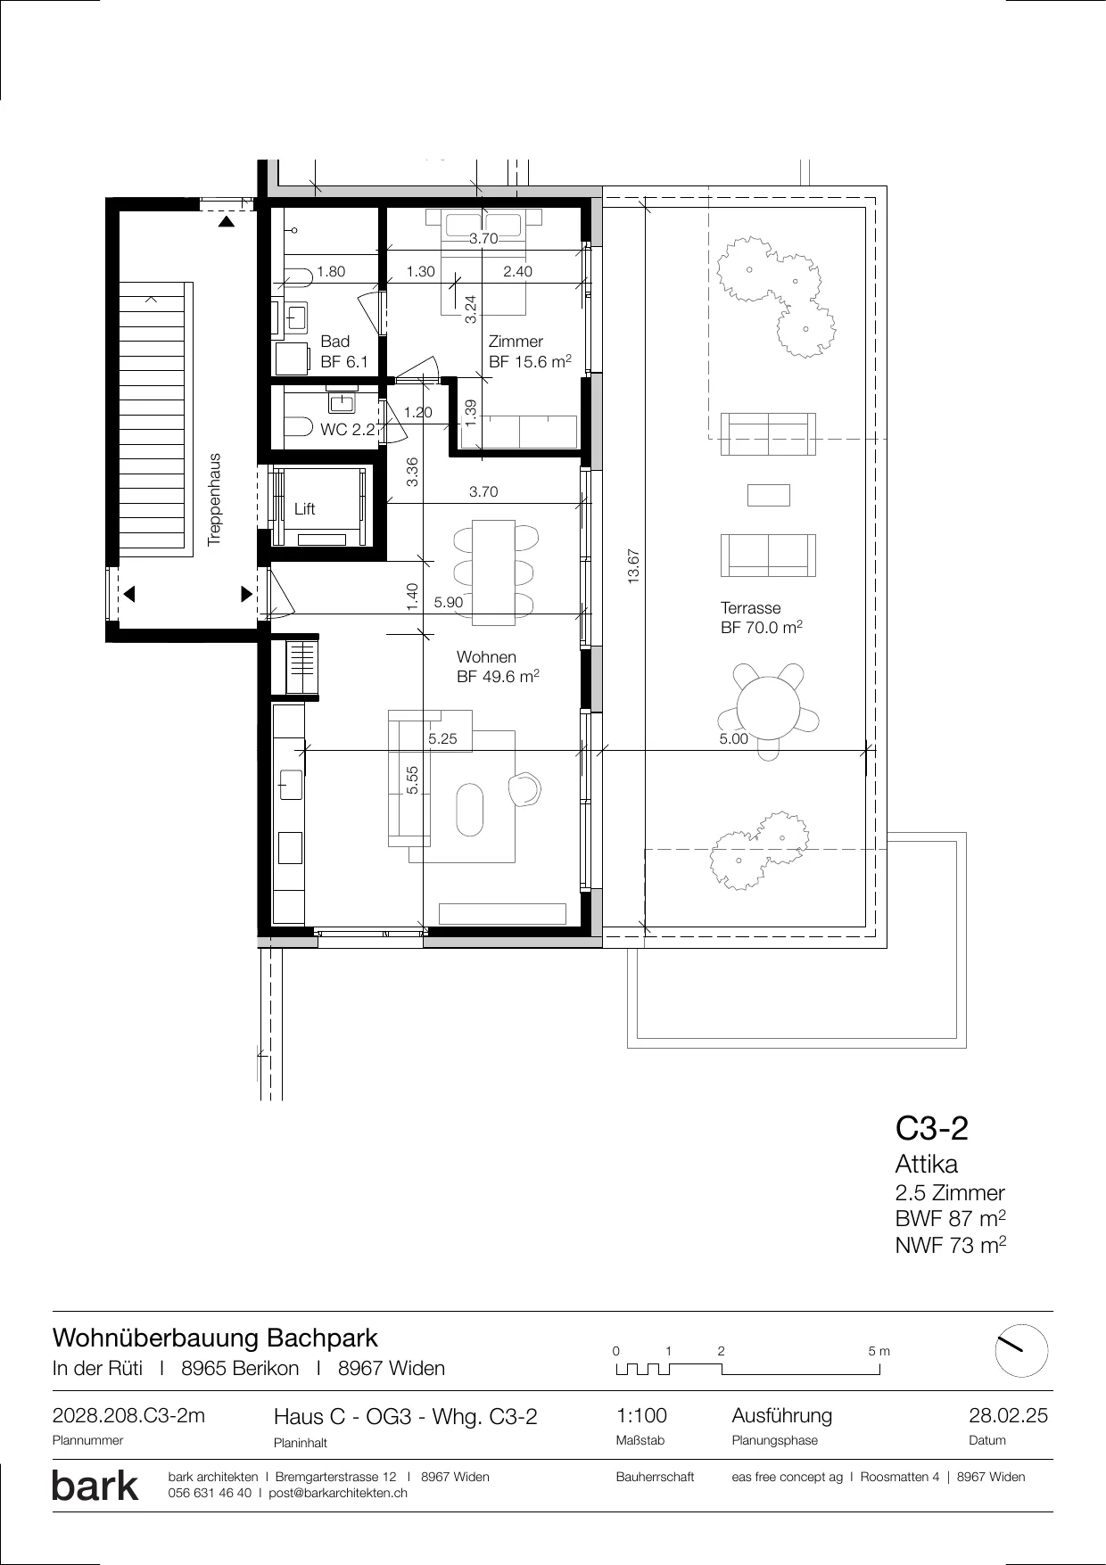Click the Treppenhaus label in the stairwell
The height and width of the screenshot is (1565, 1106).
[214, 500]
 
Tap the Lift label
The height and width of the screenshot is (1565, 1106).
[305, 509]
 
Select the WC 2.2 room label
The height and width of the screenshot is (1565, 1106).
[348, 430]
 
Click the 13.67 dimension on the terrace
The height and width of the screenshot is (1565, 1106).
[635, 567]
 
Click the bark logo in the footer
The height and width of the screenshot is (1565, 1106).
[95, 1486]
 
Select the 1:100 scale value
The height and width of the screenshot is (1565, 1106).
[641, 1416]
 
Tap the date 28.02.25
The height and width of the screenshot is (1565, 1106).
[1009, 1416]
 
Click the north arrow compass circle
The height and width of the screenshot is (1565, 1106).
[1021, 1352]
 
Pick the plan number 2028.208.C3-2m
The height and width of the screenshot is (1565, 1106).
[128, 1416]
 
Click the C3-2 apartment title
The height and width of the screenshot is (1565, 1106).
[932, 1129]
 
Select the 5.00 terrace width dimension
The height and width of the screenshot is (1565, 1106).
[734, 739]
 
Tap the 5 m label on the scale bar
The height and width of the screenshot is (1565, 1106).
[879, 1351]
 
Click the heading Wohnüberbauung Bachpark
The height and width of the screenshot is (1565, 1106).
[215, 1338]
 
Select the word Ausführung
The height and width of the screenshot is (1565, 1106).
[782, 1416]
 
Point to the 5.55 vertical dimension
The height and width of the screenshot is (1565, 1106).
[412, 781]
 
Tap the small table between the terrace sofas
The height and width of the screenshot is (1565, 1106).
[768, 495]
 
